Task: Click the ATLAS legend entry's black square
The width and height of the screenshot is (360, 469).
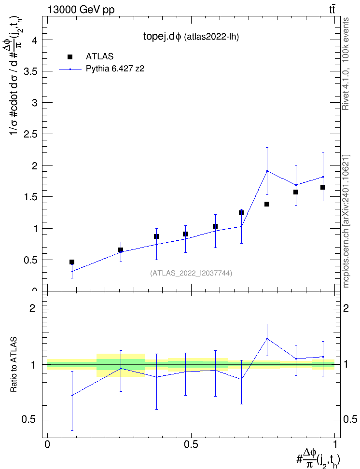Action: pos(70,57)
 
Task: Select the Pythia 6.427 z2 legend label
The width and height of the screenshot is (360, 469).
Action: pos(115,69)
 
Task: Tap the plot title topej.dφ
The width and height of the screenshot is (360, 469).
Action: pos(162,37)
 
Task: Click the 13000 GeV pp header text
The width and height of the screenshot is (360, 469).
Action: pos(81,10)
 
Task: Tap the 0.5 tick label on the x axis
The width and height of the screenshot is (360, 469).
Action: pos(191,444)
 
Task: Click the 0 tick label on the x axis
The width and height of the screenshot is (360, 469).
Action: pos(47,444)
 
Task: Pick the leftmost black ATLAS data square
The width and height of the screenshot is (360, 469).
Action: pos(72,262)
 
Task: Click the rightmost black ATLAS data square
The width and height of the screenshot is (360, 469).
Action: pos(323,187)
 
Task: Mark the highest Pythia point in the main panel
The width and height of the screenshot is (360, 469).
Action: pos(267,171)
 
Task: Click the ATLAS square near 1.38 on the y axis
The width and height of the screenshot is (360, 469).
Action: pos(267,204)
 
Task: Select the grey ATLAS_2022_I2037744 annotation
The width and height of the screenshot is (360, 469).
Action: pos(191,273)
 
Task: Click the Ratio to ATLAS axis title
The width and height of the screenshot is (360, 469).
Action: pos(14,365)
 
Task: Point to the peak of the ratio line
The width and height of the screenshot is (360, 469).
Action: pos(267,339)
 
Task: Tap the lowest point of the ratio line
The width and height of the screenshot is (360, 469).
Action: pos(72,396)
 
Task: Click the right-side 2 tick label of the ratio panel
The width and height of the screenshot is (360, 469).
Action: pos(346,308)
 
